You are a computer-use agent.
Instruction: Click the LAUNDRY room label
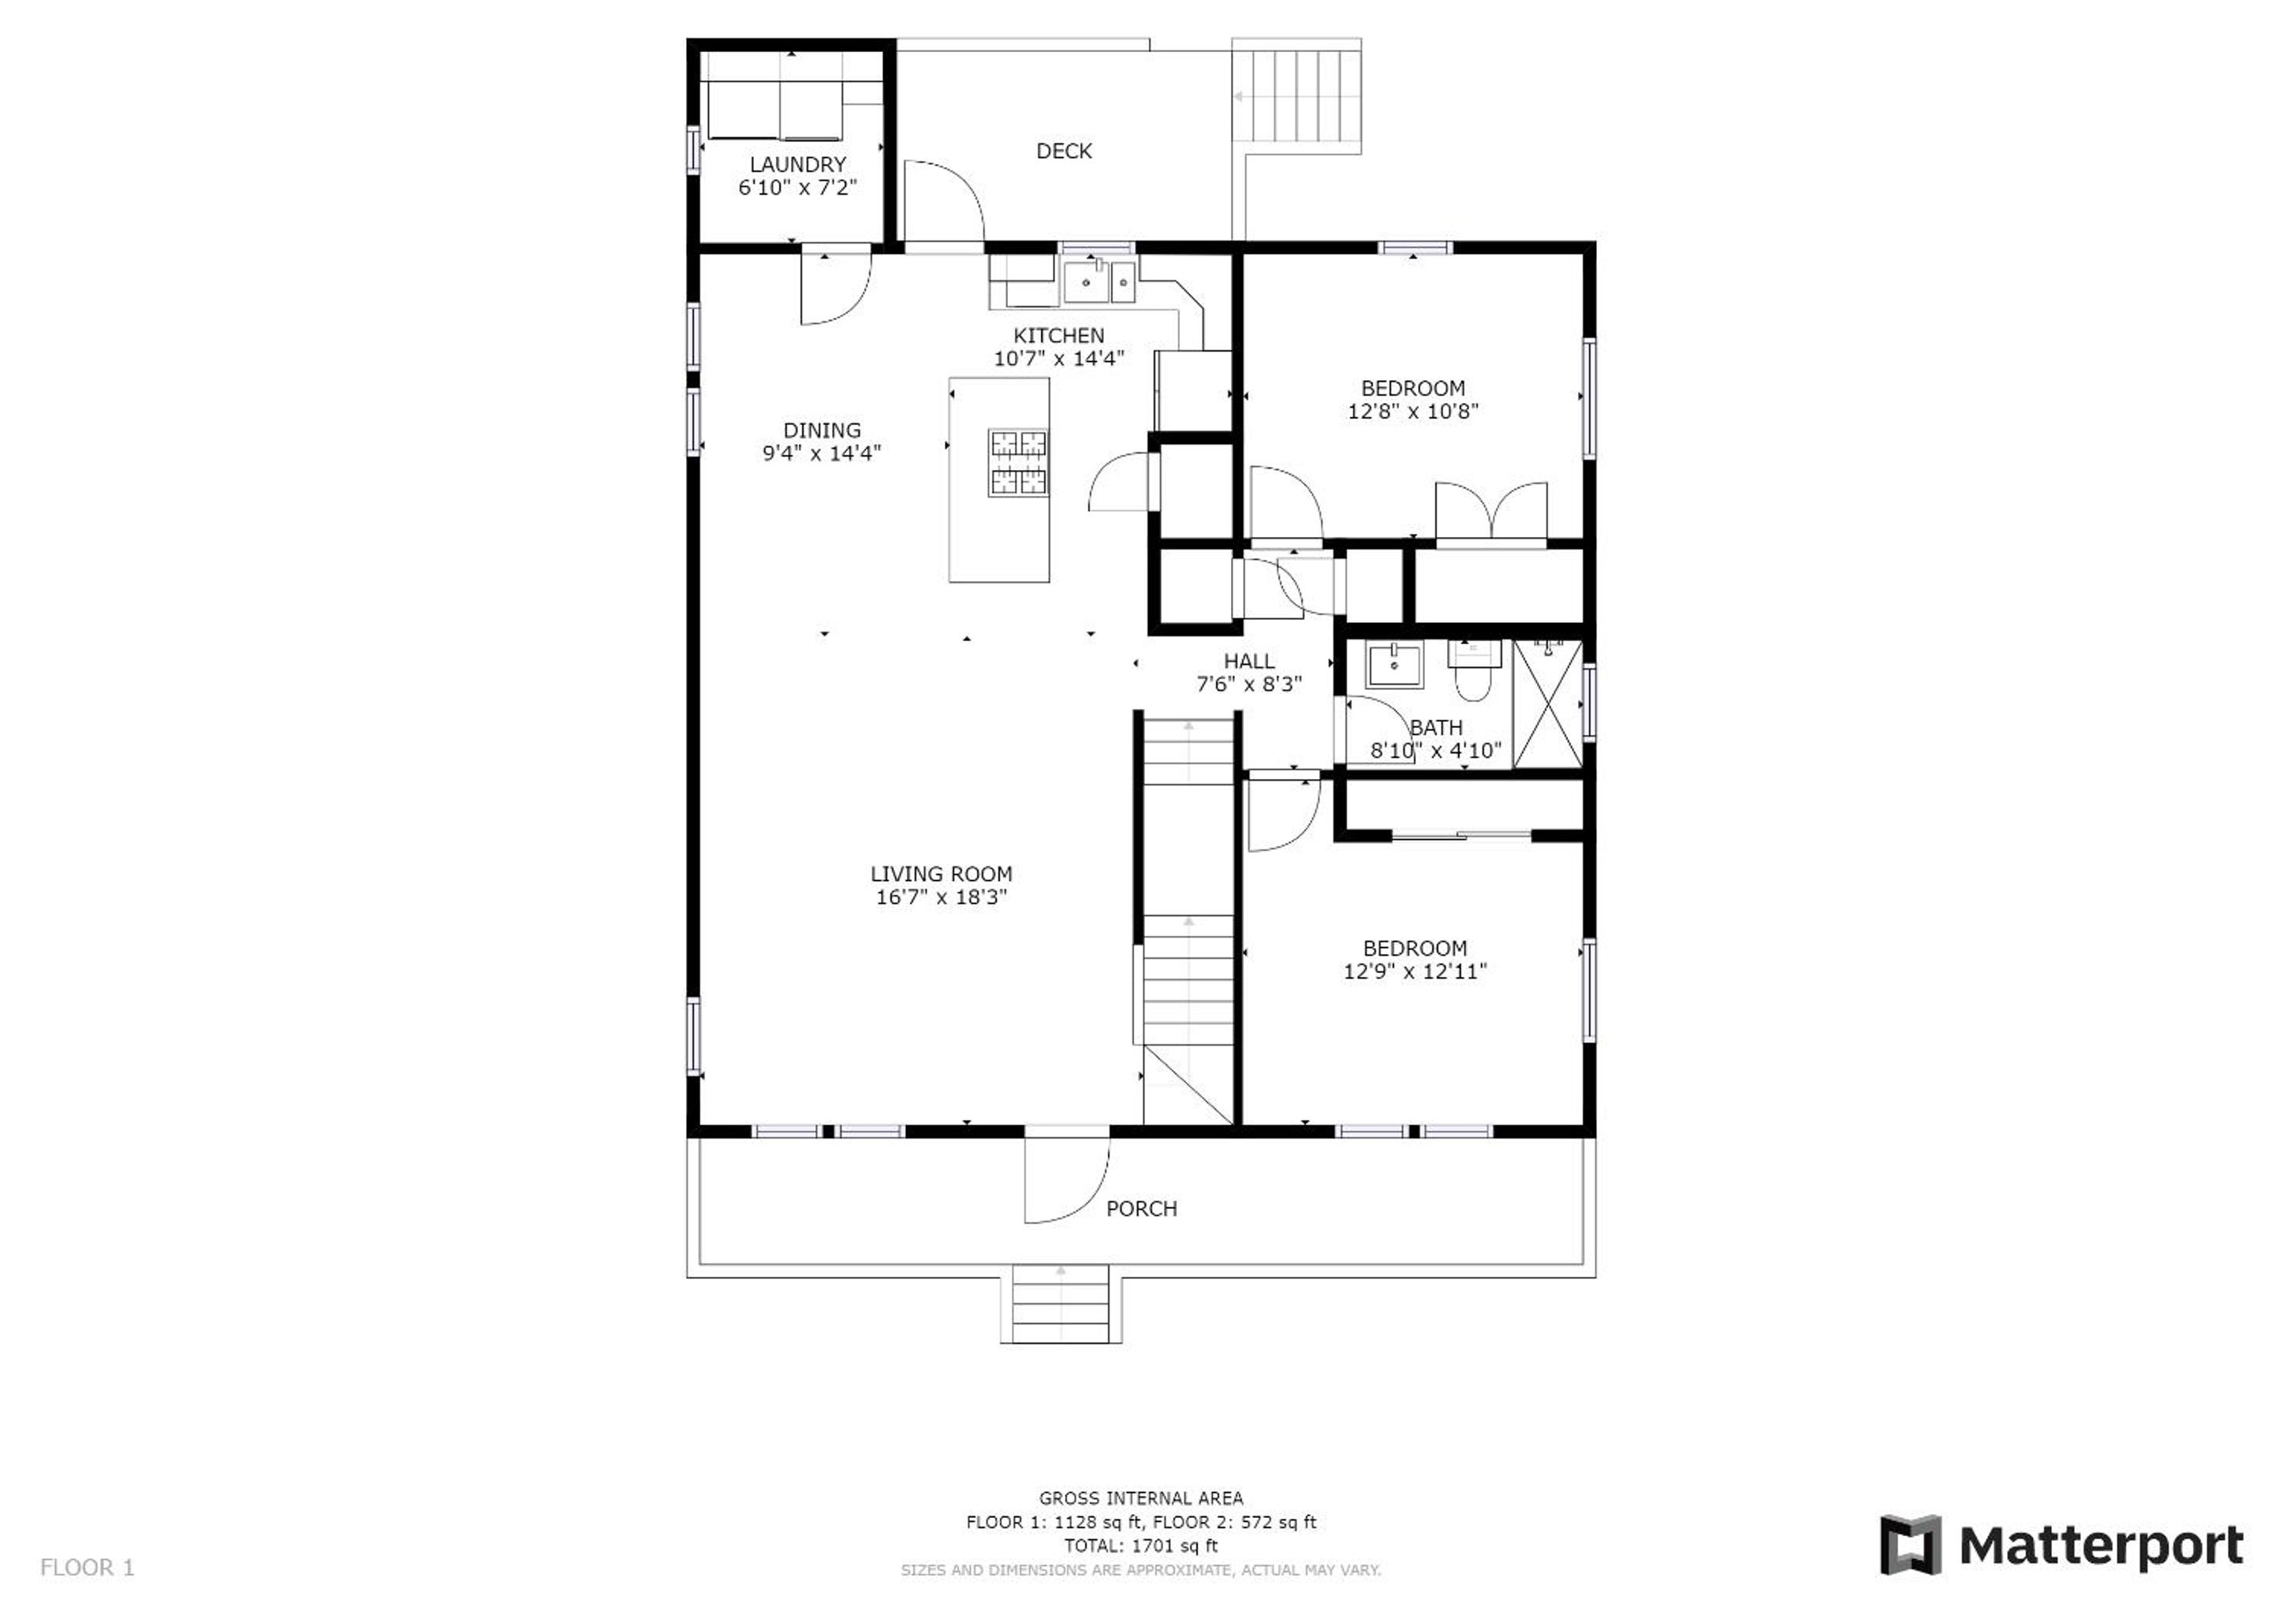pyautogui.click(x=797, y=164)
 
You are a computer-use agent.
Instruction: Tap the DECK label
pyautogui.click(x=1064, y=151)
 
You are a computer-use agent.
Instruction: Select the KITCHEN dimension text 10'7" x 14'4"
pyautogui.click(x=1059, y=358)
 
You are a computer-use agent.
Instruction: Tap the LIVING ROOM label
pyautogui.click(x=941, y=874)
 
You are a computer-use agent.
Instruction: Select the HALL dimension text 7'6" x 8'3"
pyautogui.click(x=1249, y=684)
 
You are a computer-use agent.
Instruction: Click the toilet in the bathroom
pyautogui.click(x=1474, y=670)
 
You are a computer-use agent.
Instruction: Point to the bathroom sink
pyautogui.click(x=1394, y=664)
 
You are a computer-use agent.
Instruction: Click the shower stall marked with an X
pyautogui.click(x=1547, y=704)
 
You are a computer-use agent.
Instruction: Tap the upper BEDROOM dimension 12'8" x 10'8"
pyautogui.click(x=1413, y=412)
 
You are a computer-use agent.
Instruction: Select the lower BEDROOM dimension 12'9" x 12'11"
pyautogui.click(x=1415, y=972)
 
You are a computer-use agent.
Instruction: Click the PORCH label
pyautogui.click(x=1142, y=1208)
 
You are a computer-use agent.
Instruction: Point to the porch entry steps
pyautogui.click(x=1061, y=1304)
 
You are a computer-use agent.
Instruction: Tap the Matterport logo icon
pyautogui.click(x=1910, y=1544)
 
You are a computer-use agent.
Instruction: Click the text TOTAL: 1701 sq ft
pyautogui.click(x=1140, y=1546)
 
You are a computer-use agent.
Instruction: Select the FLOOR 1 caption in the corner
pyautogui.click(x=88, y=1568)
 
